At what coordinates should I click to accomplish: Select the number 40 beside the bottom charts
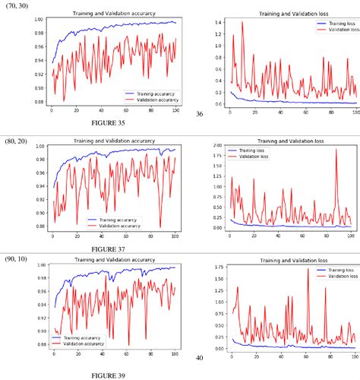point(200,356)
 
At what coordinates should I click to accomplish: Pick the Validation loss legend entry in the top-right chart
point(334,31)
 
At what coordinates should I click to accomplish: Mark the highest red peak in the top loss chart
point(242,22)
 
